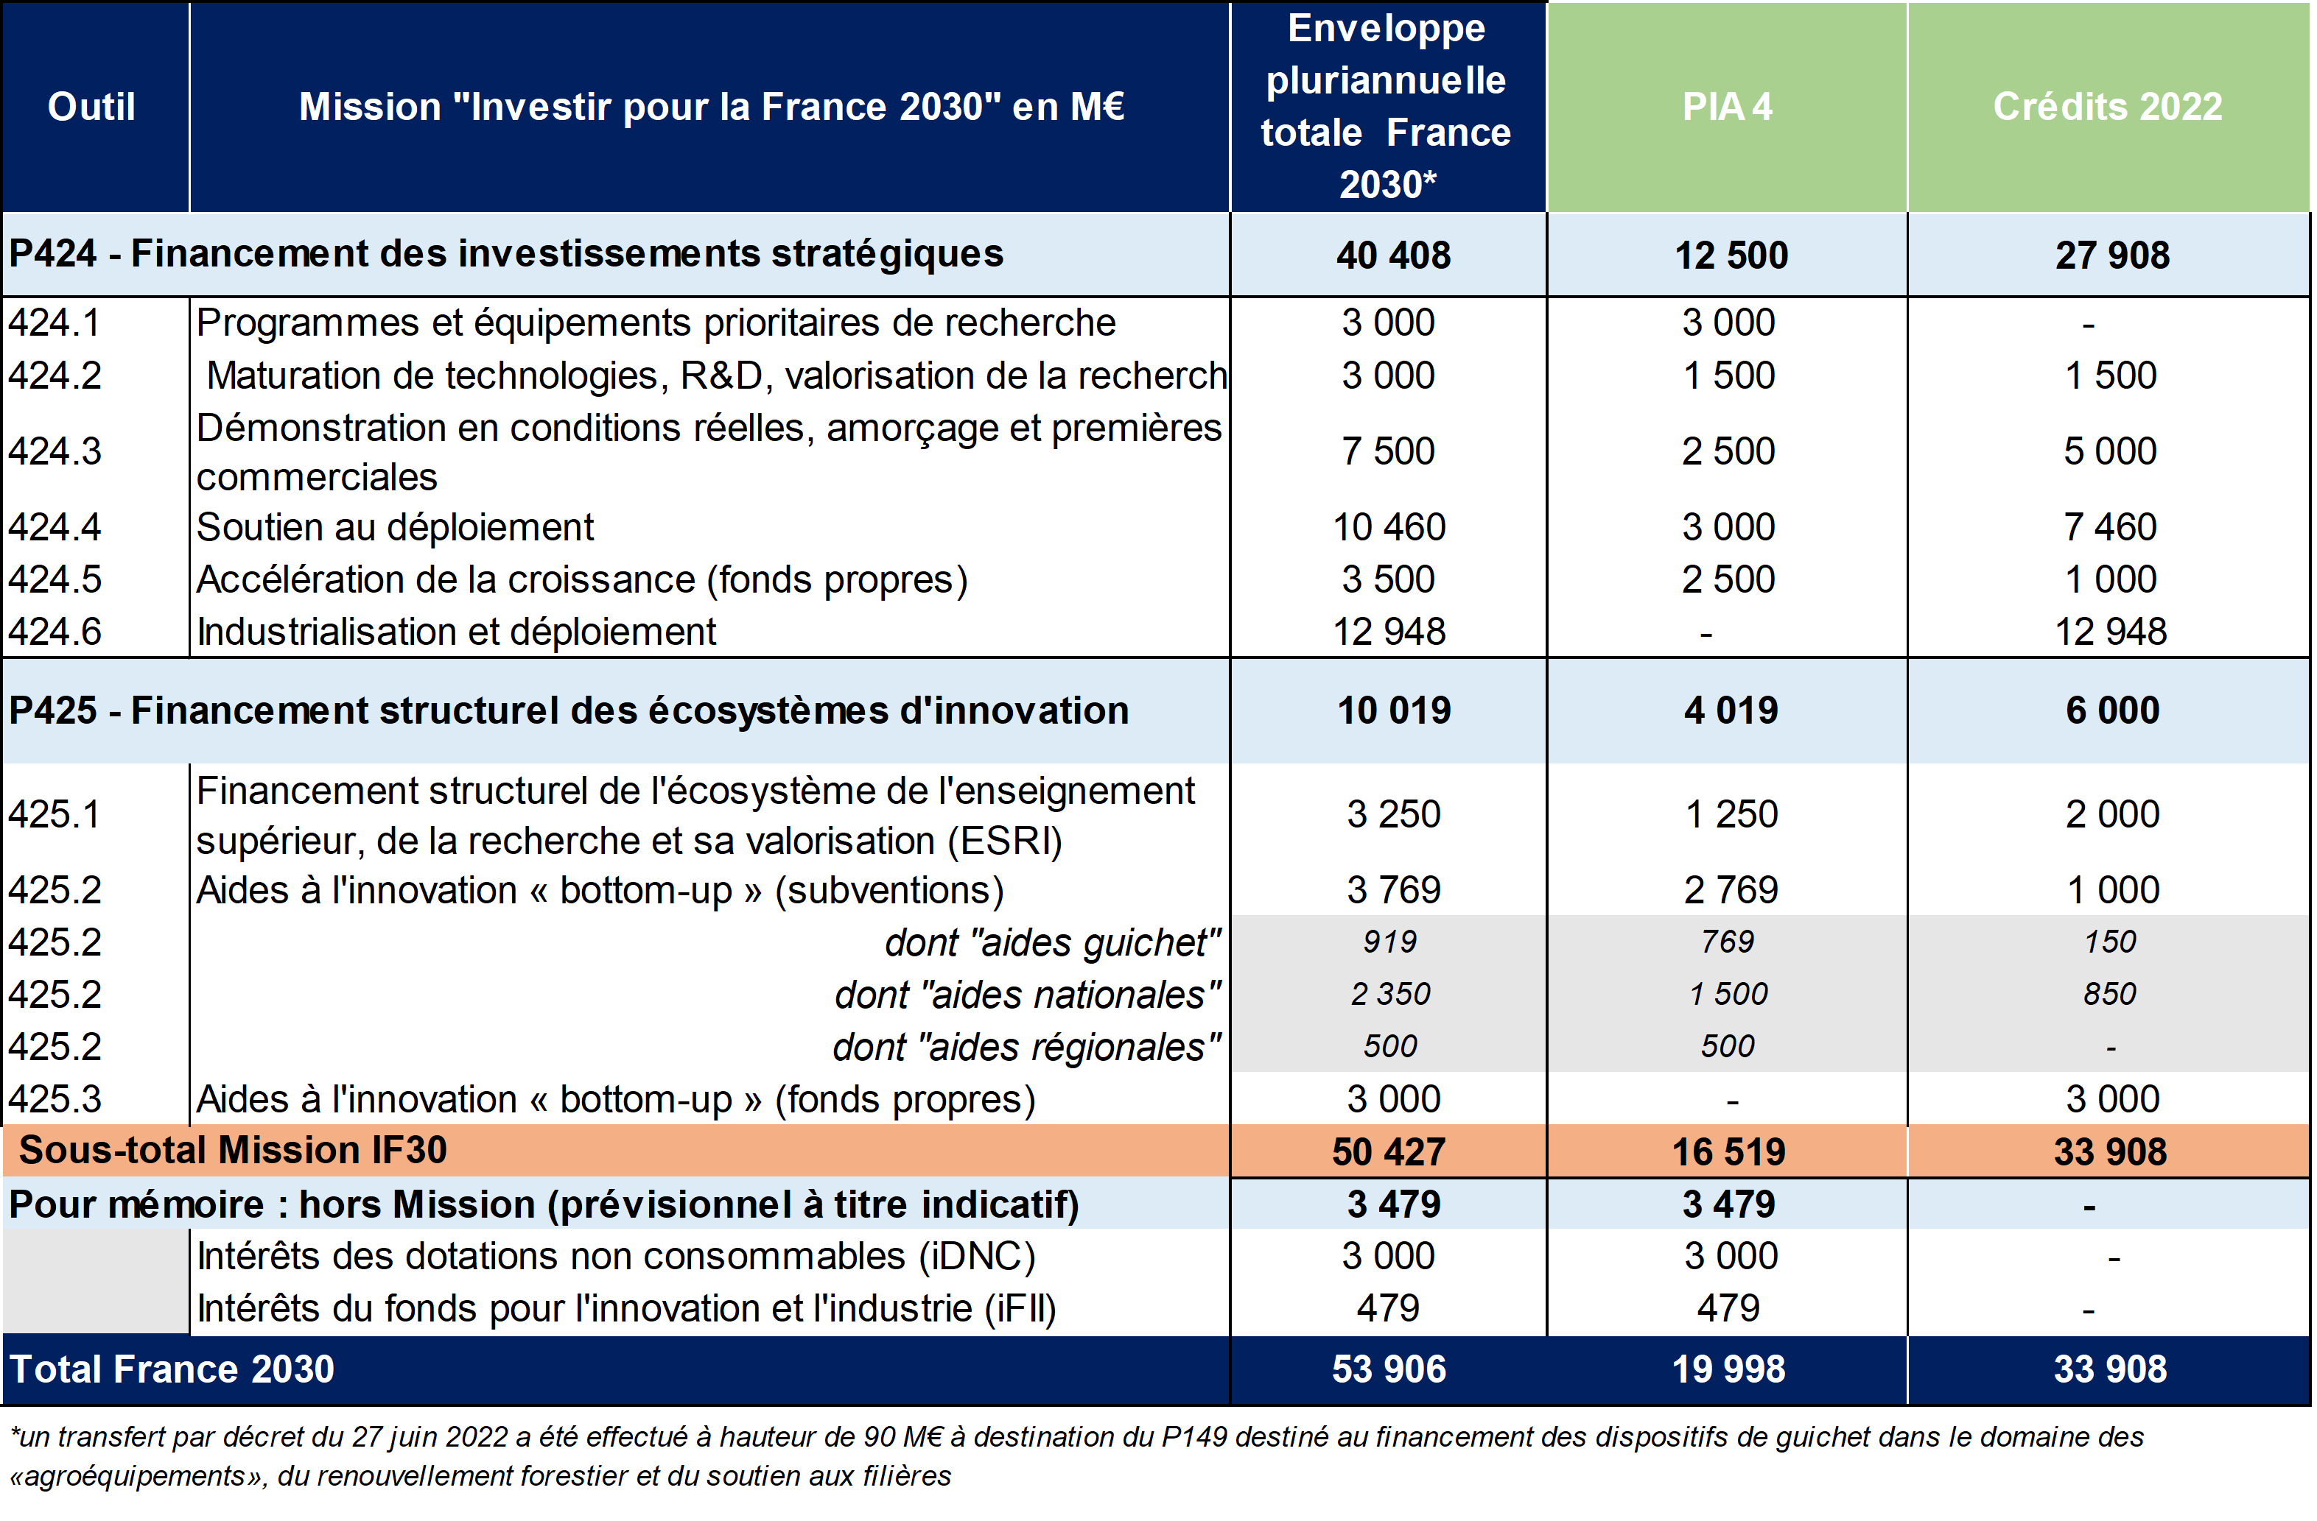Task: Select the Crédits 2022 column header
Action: [2107, 106]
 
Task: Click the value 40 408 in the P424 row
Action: [1392, 255]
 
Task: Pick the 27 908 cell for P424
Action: [2111, 255]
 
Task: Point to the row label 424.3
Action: [55, 451]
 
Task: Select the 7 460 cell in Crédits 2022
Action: [2110, 527]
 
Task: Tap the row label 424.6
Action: [55, 632]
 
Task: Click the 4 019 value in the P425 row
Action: [1730, 710]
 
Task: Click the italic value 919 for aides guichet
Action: [1389, 942]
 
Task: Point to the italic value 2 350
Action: [1389, 995]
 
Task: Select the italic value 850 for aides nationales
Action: [2110, 995]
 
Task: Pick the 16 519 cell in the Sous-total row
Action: [1728, 1152]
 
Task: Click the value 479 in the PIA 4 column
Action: [1728, 1309]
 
